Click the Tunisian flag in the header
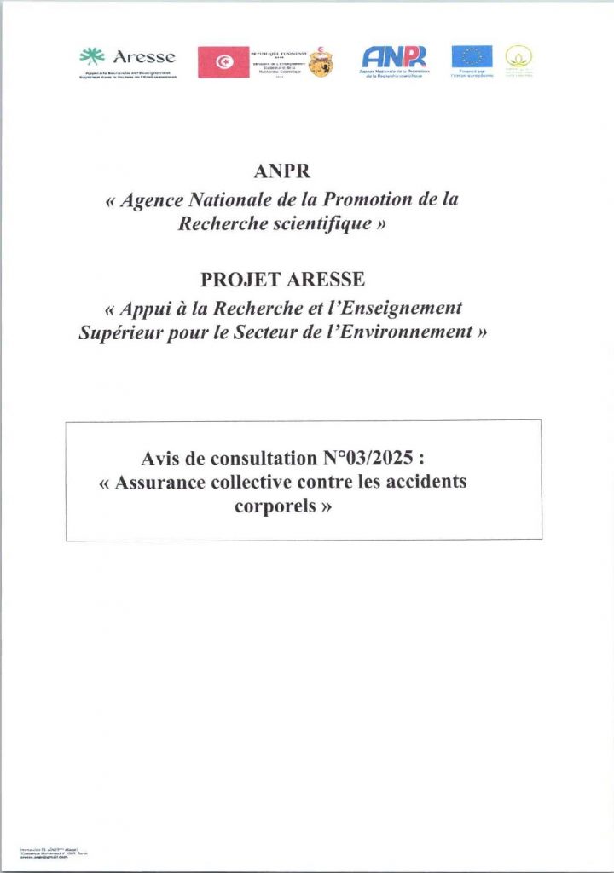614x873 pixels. [223, 61]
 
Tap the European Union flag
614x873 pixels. [472, 56]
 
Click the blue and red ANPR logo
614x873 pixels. [394, 56]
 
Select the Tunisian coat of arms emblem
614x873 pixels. [321, 62]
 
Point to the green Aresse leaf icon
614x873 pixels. [91, 57]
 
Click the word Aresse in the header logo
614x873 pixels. [143, 57]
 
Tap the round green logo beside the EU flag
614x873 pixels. [517, 57]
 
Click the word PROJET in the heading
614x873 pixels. [237, 280]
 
